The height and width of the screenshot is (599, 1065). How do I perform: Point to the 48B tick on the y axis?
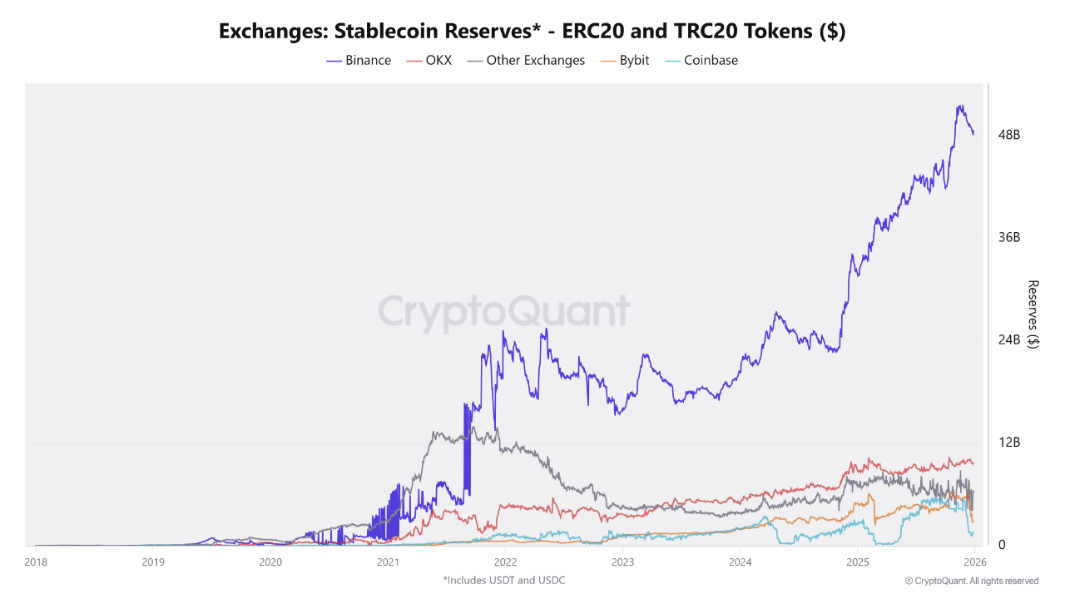click(x=1009, y=135)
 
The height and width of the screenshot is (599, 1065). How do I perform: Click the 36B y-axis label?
click(x=1009, y=238)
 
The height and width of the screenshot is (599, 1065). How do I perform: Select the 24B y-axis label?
click(x=1009, y=340)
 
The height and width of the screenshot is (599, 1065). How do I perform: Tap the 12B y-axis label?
click(x=1009, y=443)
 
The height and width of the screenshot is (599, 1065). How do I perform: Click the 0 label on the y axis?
click(x=1002, y=545)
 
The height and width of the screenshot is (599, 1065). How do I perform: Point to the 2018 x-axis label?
click(x=35, y=562)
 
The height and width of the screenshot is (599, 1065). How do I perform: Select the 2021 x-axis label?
click(x=387, y=562)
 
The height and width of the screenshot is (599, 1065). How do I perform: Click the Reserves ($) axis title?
click(x=1033, y=314)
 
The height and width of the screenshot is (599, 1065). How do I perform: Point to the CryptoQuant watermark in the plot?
click(x=504, y=312)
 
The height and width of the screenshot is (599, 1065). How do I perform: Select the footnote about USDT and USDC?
click(x=504, y=580)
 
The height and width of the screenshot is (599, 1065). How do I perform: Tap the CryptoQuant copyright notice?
click(x=972, y=581)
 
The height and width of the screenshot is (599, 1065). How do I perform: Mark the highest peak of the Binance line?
click(x=960, y=106)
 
